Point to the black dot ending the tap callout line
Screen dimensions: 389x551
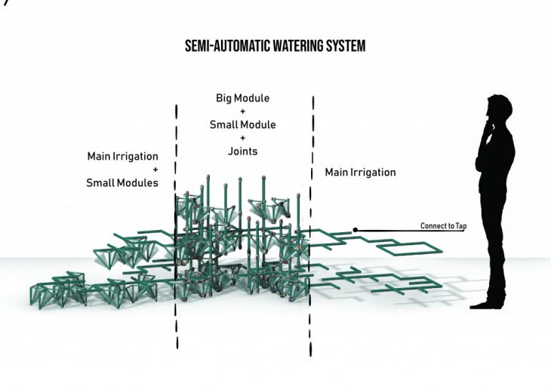(355, 229)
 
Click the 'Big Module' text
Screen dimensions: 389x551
(242, 99)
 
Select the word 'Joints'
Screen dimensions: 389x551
(242, 152)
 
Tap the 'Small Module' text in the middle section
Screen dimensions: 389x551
(242, 125)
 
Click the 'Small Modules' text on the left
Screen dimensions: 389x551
(122, 183)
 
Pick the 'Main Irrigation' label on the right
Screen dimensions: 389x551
(360, 173)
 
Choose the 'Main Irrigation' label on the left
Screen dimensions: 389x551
(123, 157)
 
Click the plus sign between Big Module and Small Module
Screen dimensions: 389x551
(242, 112)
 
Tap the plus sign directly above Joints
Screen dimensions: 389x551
(242, 139)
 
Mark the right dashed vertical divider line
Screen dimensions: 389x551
(310, 226)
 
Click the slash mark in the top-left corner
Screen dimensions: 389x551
(3, 3)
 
